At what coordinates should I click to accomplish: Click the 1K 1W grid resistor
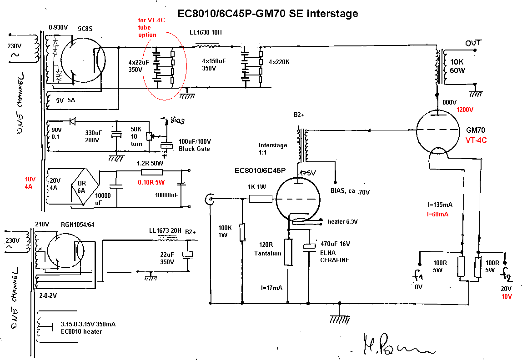coord(261,199)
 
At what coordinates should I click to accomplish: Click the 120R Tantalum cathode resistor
coord(288,252)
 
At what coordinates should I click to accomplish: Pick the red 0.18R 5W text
coord(152,182)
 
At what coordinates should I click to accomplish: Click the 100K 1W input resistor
coord(242,232)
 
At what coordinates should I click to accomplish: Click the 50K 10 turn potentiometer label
coord(137,136)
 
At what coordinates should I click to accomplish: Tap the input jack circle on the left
coord(210,199)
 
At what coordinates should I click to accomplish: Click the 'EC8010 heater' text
coord(81,331)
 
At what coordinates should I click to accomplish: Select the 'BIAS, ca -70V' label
coord(350,192)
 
